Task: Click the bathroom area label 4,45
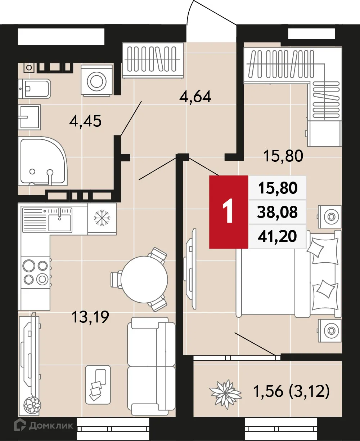tap(86, 121)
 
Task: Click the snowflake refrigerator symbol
tap(102, 219)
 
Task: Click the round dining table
tap(144, 279)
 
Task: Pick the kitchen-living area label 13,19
tap(90, 318)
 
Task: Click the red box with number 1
tap(229, 212)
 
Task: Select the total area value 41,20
tap(278, 236)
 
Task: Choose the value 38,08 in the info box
tap(278, 213)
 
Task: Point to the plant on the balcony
tap(226, 392)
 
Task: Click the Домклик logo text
tap(51, 426)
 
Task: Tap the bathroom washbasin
tap(30, 117)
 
